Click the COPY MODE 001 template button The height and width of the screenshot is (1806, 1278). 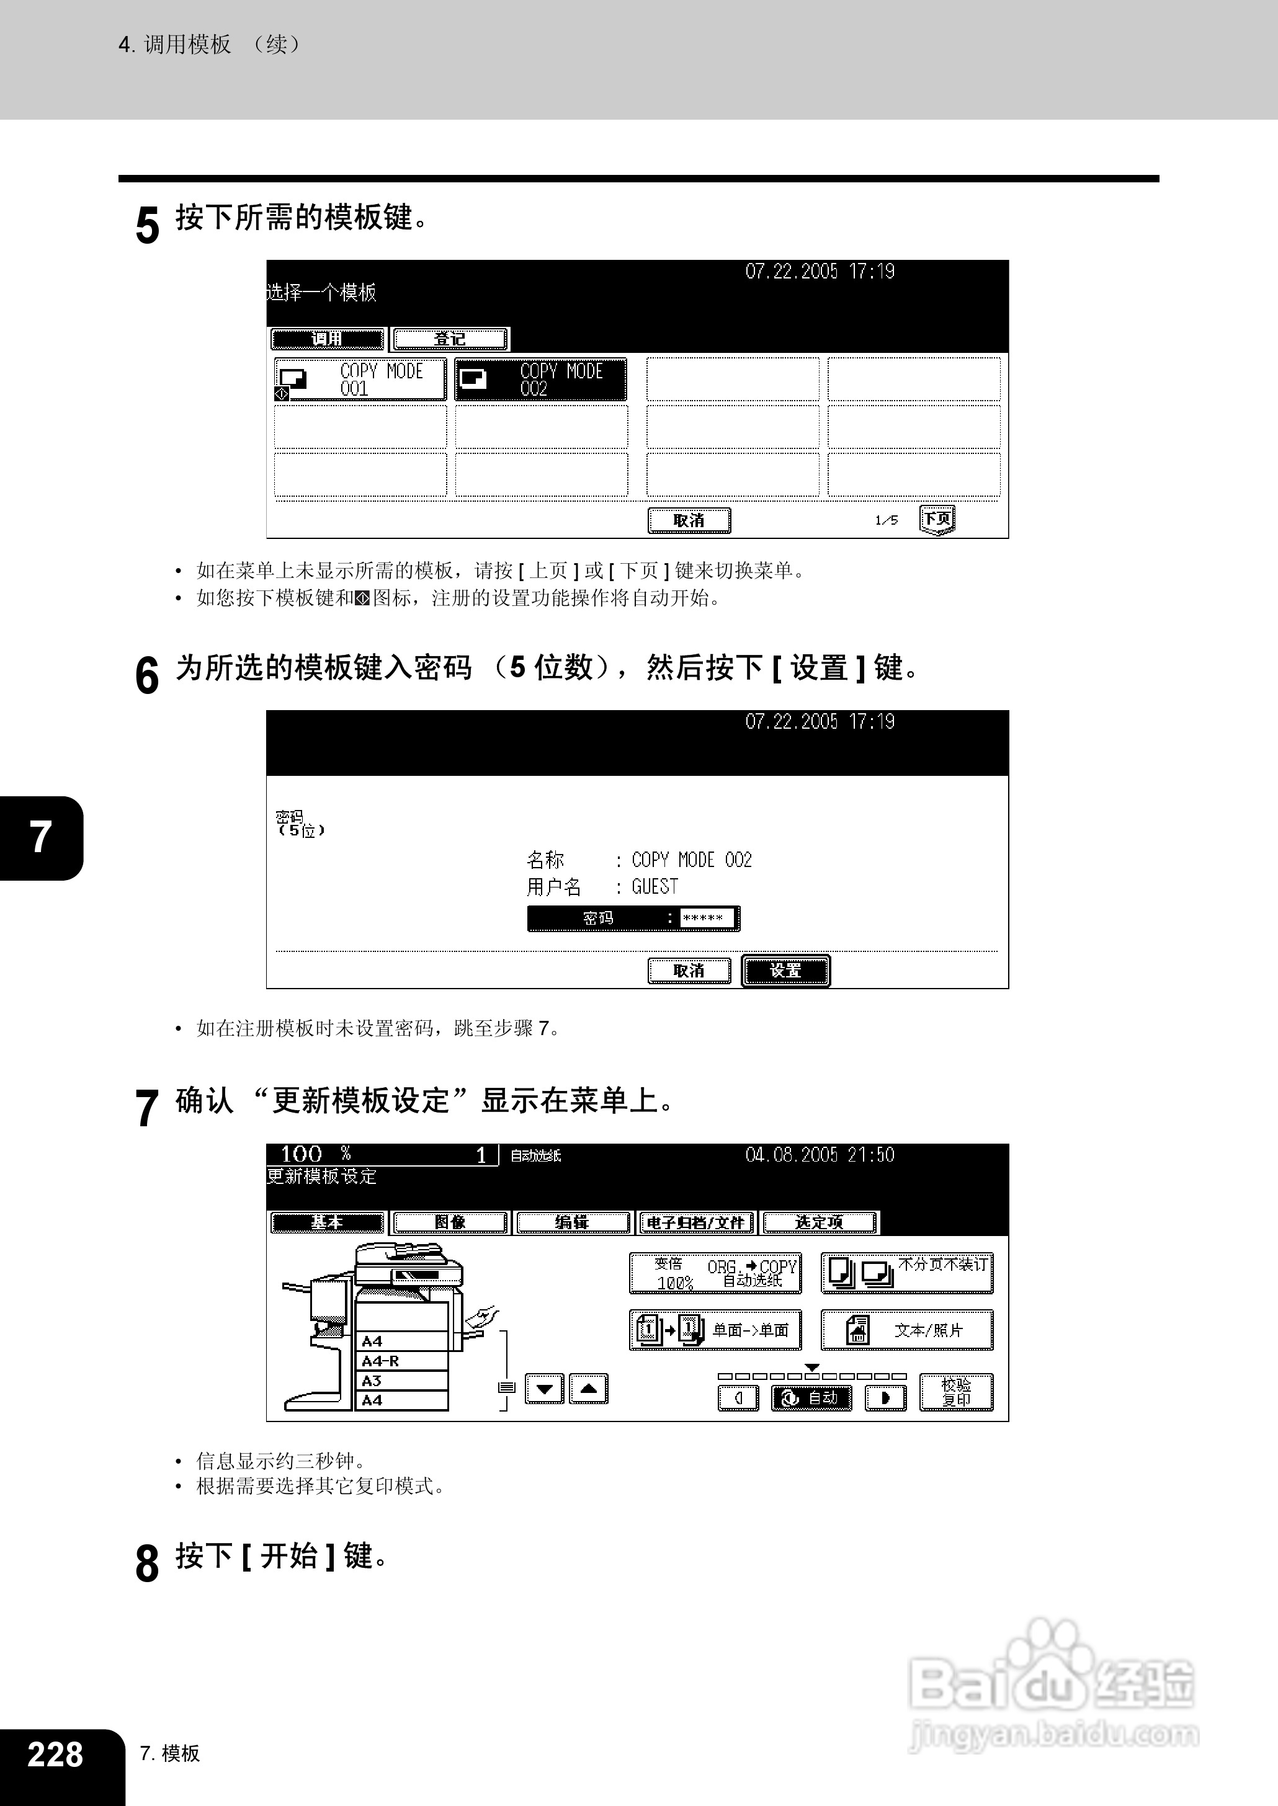tap(360, 379)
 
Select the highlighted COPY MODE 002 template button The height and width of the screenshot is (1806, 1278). tap(540, 379)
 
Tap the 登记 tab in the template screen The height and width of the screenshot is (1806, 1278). tap(450, 339)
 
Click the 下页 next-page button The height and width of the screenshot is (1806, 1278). tap(936, 519)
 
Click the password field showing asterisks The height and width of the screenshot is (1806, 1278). tap(706, 918)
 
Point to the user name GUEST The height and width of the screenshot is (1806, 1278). tap(655, 886)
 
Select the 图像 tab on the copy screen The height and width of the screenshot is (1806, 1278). tap(450, 1222)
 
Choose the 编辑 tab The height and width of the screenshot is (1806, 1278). tap(572, 1222)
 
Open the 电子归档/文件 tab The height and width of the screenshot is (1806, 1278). tap(695, 1222)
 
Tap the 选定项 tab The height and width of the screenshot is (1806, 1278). tap(819, 1222)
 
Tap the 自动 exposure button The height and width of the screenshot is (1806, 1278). tap(811, 1398)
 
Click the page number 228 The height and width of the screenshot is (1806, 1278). tap(55, 1754)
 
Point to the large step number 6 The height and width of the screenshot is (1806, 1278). tap(147, 675)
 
